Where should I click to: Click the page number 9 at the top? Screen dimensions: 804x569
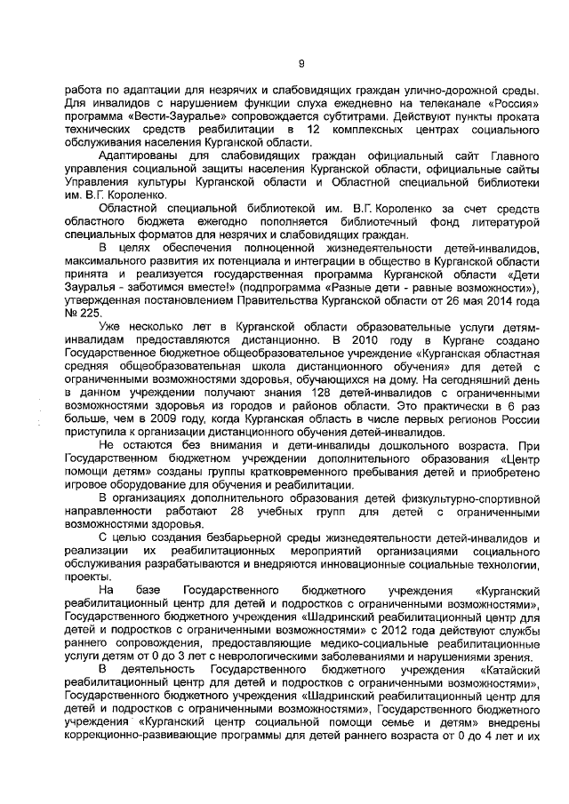(301, 63)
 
